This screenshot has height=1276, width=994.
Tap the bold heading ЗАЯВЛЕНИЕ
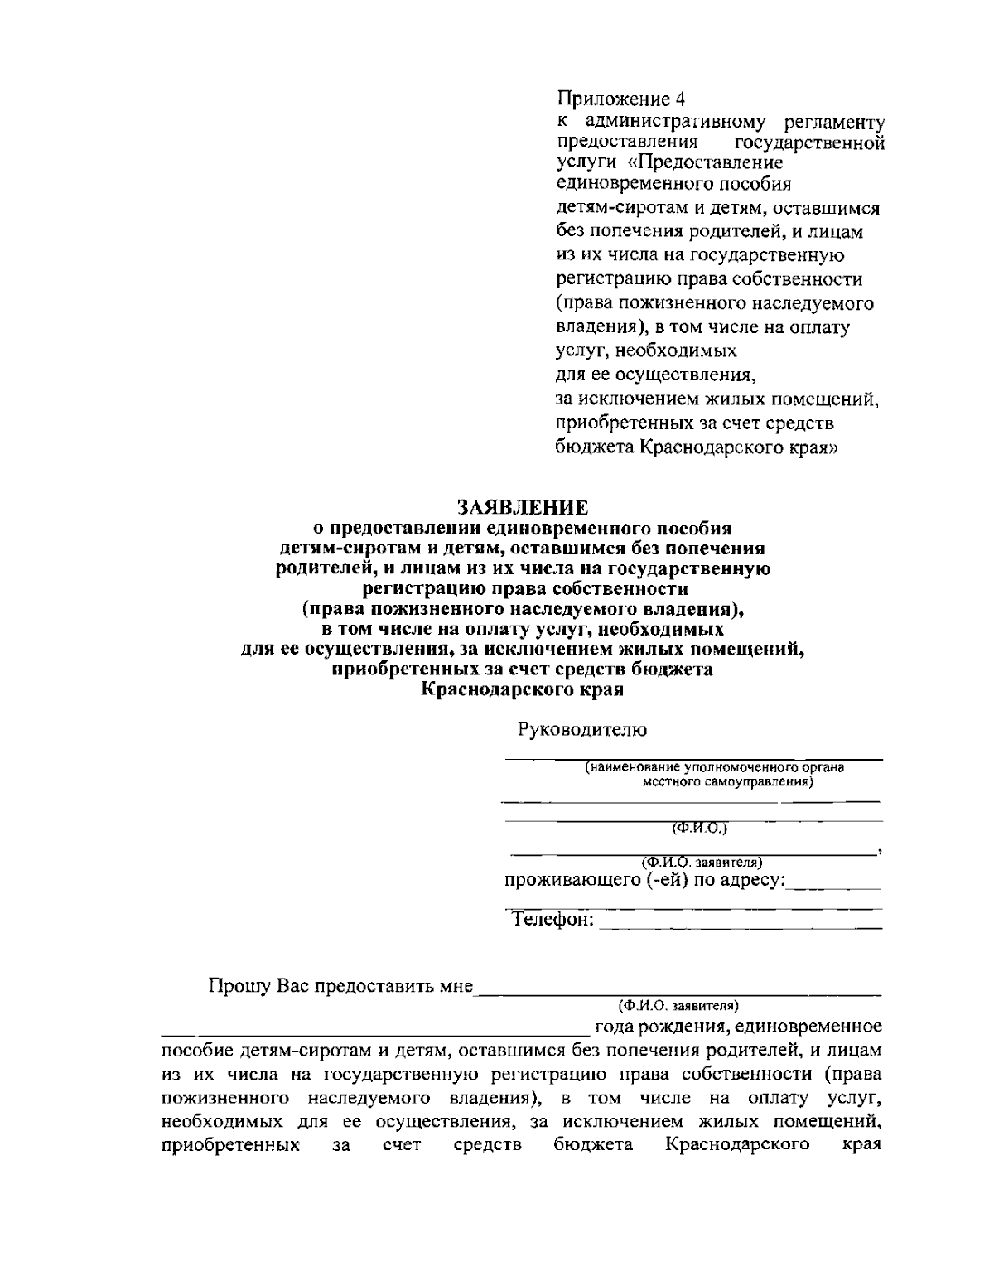(522, 505)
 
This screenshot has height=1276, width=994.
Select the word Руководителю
(582, 730)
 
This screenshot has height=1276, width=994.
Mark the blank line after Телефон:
(740, 926)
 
